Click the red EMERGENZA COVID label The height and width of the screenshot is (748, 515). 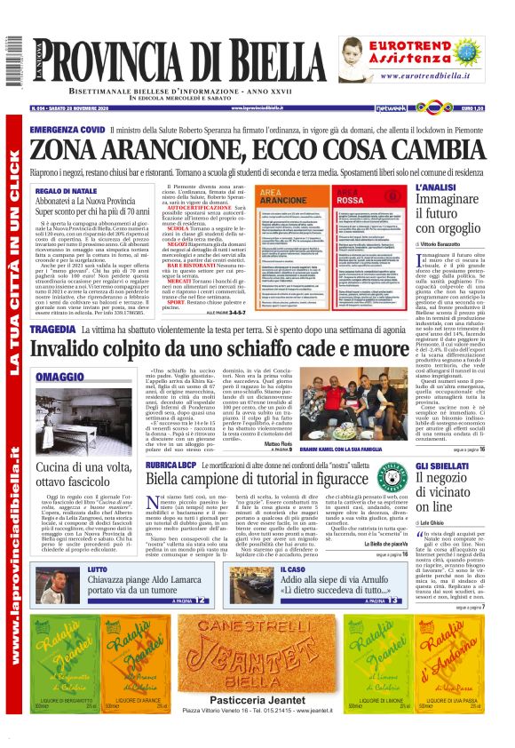[67, 130]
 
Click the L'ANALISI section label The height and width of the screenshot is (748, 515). [435, 187]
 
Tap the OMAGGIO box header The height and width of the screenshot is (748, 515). [61, 378]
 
